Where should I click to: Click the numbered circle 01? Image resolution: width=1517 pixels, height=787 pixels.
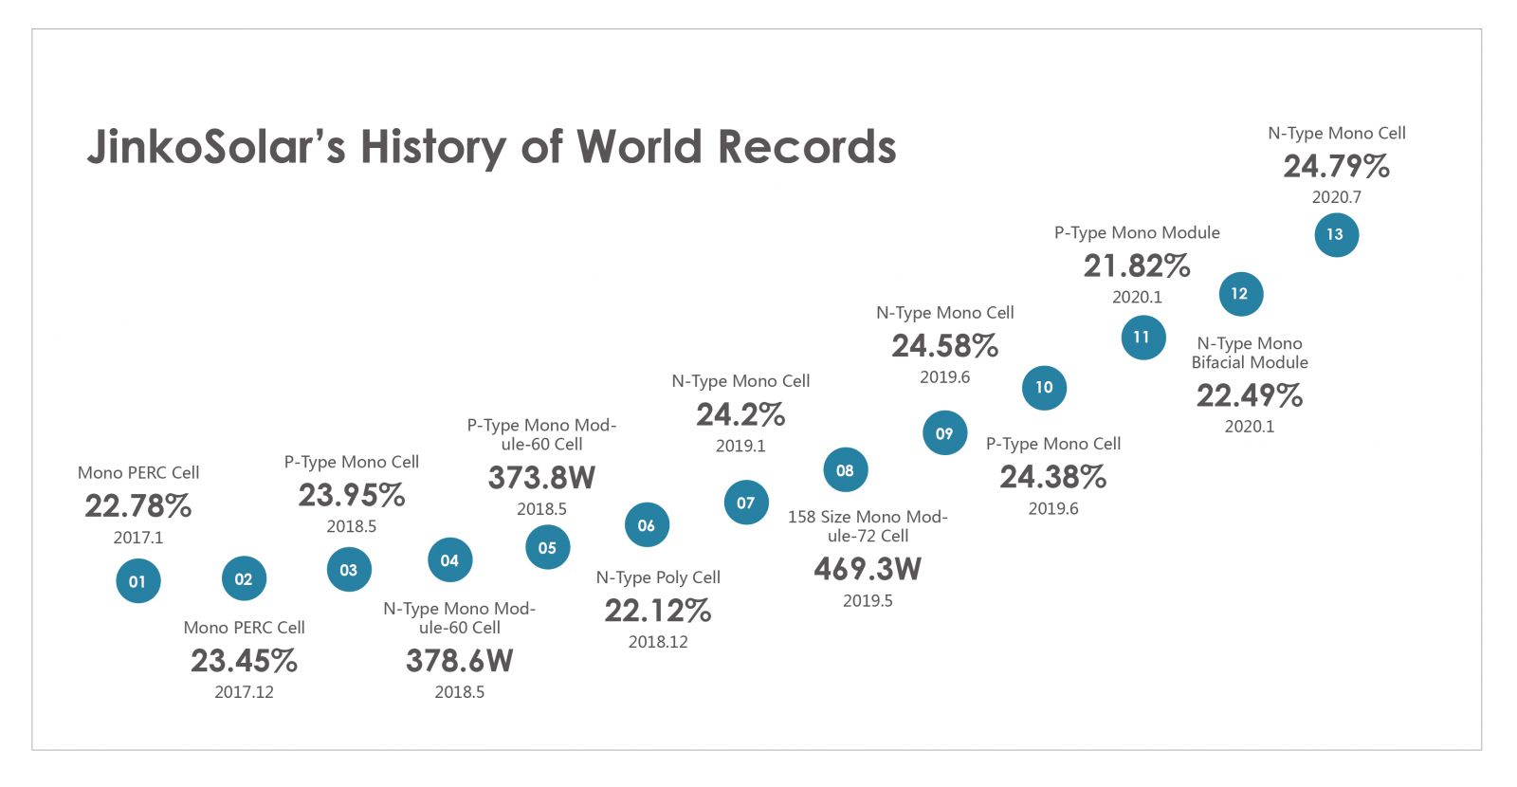tap(138, 581)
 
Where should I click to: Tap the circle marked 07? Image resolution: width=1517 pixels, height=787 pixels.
tap(746, 503)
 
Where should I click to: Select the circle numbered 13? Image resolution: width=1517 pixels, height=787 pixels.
tap(1336, 234)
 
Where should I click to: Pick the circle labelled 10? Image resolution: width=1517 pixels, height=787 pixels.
tap(1044, 387)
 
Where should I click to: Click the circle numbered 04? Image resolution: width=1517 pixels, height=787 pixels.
tap(449, 560)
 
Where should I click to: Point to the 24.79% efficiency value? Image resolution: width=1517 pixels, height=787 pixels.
tap(1336, 167)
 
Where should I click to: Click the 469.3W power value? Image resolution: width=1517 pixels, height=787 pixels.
tap(868, 569)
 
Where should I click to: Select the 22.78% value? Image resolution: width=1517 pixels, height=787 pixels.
tap(138, 506)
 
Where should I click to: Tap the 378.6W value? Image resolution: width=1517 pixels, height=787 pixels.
tap(459, 661)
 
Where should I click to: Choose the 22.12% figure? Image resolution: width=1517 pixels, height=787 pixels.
tap(658, 611)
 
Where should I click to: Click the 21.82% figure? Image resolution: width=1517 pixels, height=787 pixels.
tap(1137, 266)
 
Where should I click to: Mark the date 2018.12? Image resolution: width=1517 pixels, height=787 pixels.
tap(658, 642)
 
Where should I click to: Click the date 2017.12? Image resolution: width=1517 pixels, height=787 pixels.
tap(244, 692)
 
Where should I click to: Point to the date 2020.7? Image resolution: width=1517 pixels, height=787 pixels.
tap(1336, 197)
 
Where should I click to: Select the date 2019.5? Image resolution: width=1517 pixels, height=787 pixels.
tap(868, 600)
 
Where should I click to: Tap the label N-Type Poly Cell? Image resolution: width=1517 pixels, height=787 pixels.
tap(658, 577)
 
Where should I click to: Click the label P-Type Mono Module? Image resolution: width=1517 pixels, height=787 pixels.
tap(1137, 232)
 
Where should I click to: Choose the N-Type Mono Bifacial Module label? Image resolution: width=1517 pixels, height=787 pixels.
tap(1250, 353)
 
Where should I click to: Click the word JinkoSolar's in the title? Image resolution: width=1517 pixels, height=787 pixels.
tap(216, 148)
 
